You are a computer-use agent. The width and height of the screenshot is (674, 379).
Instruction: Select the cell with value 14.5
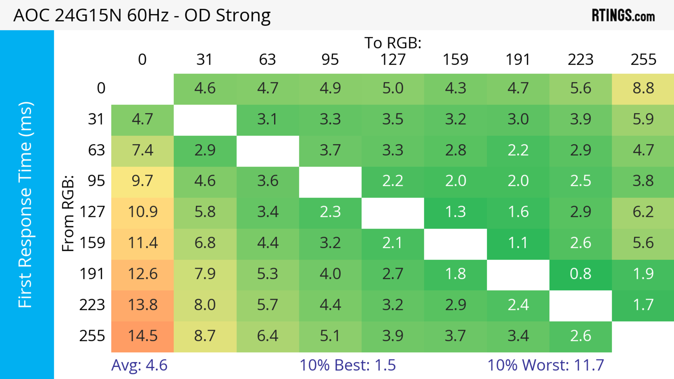pos(143,336)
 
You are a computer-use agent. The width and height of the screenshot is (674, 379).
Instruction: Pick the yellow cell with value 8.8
pos(643,89)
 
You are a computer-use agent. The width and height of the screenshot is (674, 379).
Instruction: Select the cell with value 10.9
pos(143,212)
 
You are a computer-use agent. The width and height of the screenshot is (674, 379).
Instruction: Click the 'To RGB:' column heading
pos(393,43)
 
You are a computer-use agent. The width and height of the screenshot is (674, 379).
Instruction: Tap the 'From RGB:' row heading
pos(68,213)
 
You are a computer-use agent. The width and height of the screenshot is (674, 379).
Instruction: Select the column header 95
pos(330,60)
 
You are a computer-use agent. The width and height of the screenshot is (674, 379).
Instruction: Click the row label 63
pos(96,150)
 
